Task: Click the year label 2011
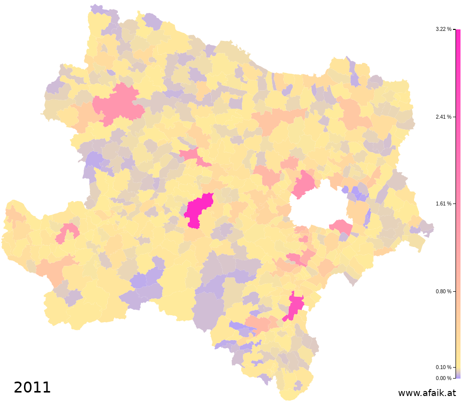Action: click(32, 388)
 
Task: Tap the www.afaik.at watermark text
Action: click(427, 393)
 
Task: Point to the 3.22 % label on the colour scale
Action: click(444, 29)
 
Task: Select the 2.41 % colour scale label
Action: click(444, 117)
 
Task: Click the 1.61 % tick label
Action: click(444, 204)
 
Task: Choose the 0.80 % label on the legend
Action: click(444, 291)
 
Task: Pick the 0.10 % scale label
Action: click(444, 367)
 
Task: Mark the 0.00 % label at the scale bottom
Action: click(444, 378)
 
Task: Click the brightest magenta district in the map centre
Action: click(198, 211)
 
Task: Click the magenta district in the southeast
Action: click(295, 305)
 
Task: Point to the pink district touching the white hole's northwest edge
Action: click(304, 184)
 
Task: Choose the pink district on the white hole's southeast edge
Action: click(341, 227)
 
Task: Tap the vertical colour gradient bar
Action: click(458, 200)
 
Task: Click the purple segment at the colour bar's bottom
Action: click(458, 376)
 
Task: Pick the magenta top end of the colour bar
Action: click(458, 33)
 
